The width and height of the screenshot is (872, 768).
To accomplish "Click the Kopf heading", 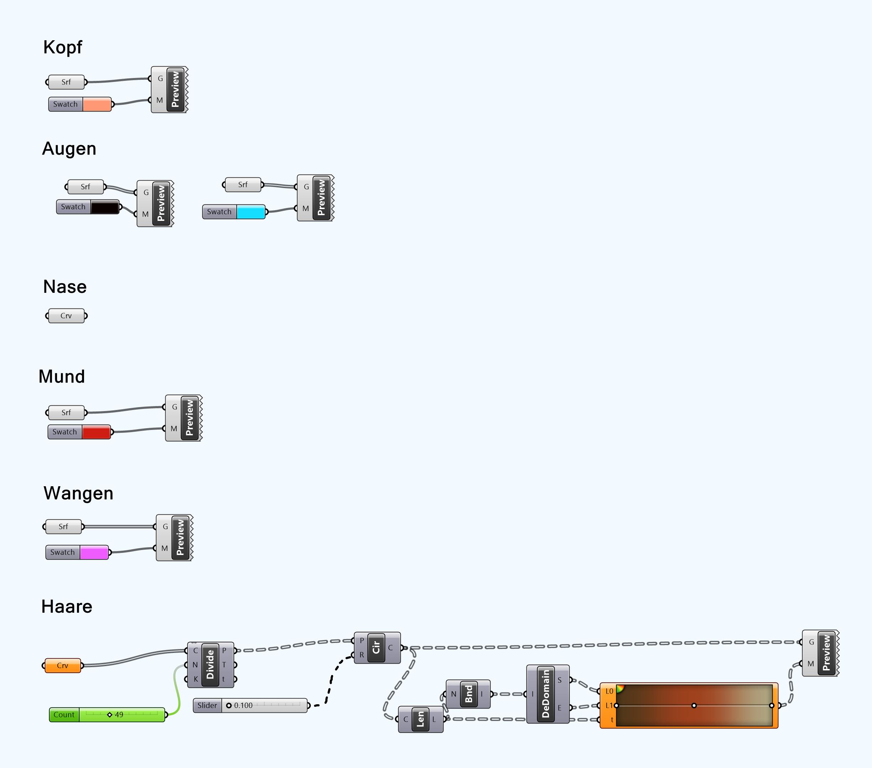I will (x=62, y=47).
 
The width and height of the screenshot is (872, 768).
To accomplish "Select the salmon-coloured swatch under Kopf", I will (x=97, y=104).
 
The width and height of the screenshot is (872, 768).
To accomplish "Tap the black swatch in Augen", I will (x=104, y=207).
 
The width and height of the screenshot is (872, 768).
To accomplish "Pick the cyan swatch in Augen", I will (x=250, y=212).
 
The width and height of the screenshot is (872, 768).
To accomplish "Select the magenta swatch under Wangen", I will (x=94, y=552).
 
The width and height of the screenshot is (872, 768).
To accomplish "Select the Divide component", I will (x=210, y=665).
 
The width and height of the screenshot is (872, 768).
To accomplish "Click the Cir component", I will (x=376, y=648).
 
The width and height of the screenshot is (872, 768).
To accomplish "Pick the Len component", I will (x=420, y=719).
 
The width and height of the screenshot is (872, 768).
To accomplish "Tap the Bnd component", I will (x=468, y=694).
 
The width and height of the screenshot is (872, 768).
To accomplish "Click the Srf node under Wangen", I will (x=63, y=527).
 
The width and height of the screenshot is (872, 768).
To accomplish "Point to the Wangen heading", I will (x=78, y=493).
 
